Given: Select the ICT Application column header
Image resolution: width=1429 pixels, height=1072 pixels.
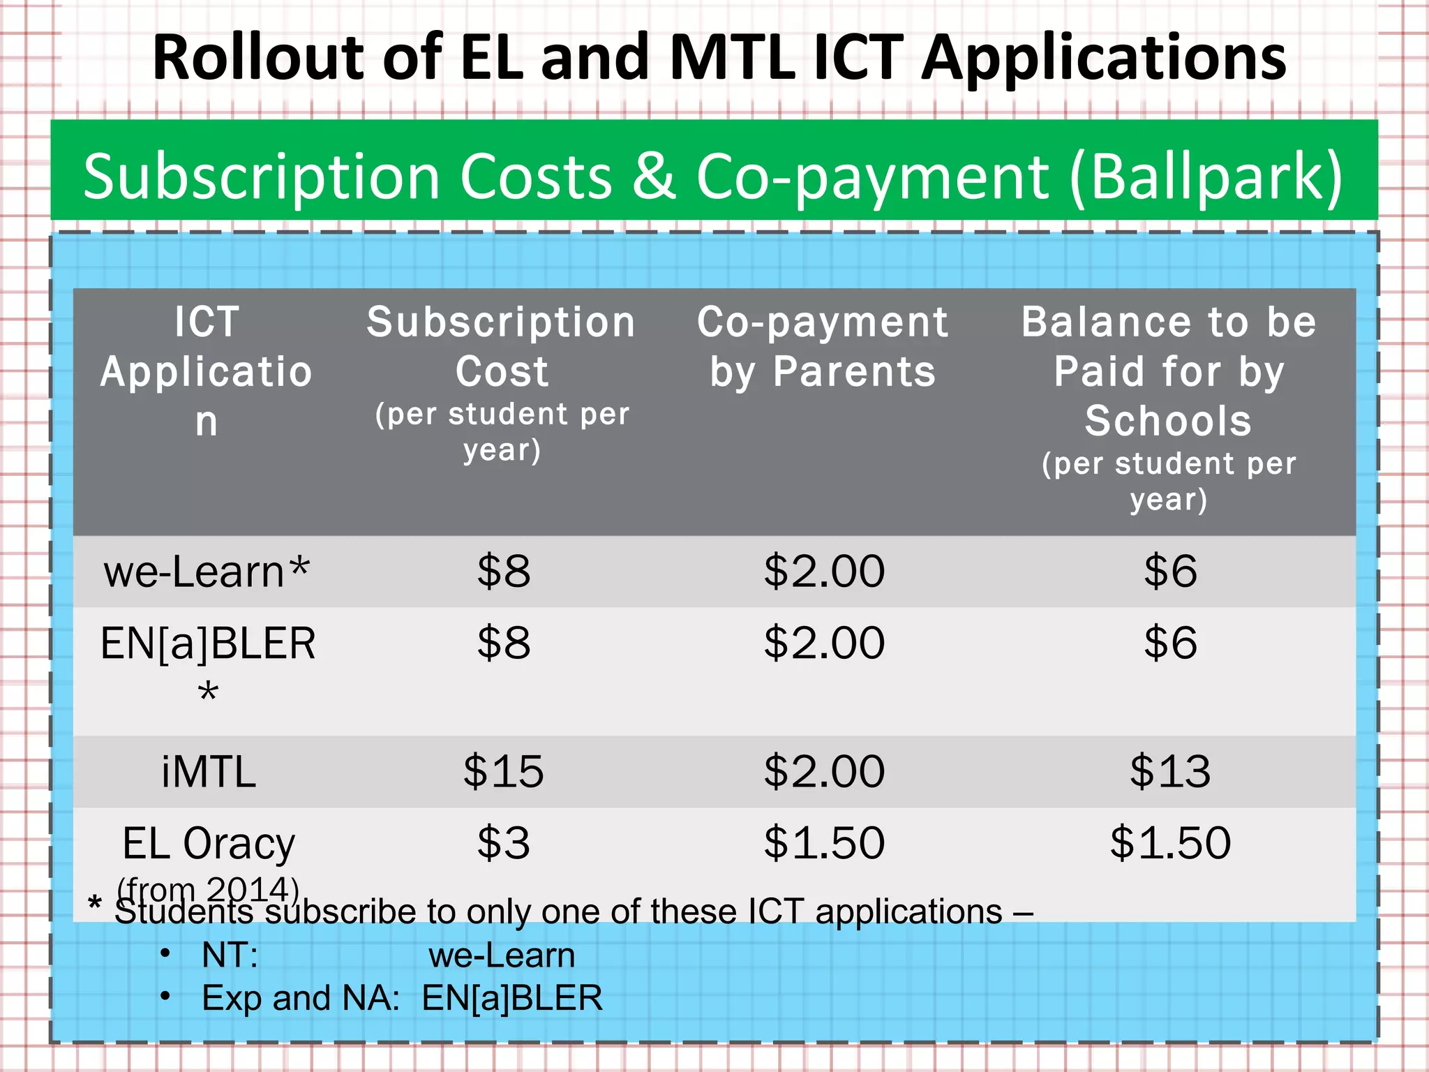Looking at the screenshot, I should pos(207,371).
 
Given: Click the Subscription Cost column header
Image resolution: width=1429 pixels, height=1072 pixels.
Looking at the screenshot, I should pos(502,347).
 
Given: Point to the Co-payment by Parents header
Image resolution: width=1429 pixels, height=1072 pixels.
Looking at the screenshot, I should pos(823,347).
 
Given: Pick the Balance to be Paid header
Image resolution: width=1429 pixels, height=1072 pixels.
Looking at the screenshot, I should pos(1169,371).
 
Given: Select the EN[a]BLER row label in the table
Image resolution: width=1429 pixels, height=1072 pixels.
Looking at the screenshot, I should pos(208,643).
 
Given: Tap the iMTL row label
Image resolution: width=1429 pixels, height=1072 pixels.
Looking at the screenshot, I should pos(209,772).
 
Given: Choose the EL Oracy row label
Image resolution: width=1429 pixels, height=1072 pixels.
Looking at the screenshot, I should pos(209,844).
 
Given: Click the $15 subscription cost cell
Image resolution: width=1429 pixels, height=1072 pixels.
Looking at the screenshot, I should pos(503,772).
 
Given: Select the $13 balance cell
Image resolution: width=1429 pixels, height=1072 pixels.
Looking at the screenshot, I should pos(1170,772).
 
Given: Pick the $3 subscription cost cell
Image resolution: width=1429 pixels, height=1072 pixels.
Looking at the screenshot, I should pos(503,843).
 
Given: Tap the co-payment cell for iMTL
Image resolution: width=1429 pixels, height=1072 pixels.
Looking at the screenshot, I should pos(824,772).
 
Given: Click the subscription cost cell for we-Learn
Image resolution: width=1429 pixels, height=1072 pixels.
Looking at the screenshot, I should pos(503,572).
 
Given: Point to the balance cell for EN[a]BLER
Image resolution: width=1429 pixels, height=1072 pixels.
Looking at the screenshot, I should pos(1170,643).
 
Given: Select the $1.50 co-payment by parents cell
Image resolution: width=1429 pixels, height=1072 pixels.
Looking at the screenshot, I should pos(824,843).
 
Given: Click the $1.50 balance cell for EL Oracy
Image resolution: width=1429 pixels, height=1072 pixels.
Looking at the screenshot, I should pos(1170,843).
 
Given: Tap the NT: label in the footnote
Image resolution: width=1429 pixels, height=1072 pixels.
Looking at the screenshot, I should pos(230,955).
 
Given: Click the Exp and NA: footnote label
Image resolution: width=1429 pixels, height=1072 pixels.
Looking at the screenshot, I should pos(300,998).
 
